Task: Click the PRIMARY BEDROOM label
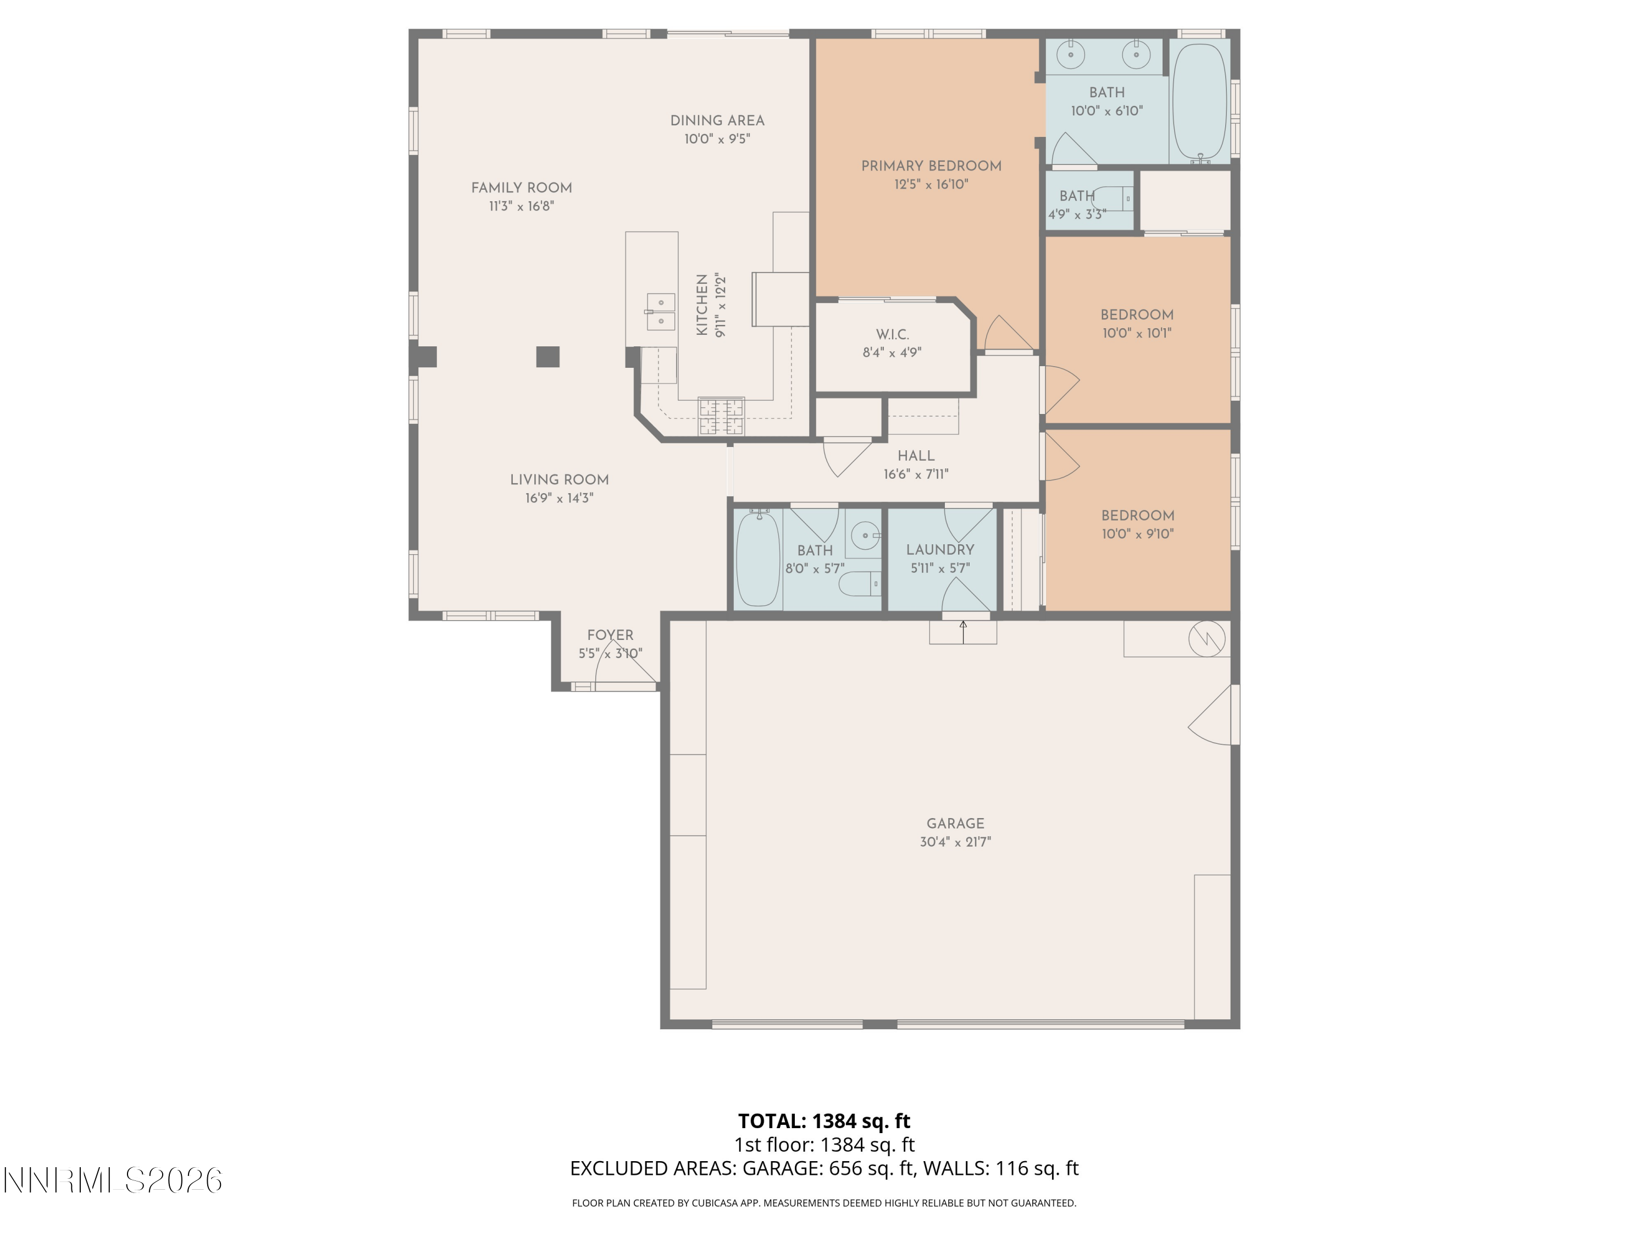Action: coord(931,166)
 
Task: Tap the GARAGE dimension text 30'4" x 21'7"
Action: coord(955,842)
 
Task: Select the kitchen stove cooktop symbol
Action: coord(721,417)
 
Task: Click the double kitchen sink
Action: coord(661,312)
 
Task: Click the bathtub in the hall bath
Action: coord(757,559)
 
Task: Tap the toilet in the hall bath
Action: coord(861,584)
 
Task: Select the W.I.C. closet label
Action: coord(892,335)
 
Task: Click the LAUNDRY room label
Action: coord(940,550)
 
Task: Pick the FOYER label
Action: coord(610,636)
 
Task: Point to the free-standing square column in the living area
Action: coord(548,357)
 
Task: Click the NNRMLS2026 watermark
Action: coord(113,1180)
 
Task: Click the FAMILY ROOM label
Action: coord(521,188)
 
